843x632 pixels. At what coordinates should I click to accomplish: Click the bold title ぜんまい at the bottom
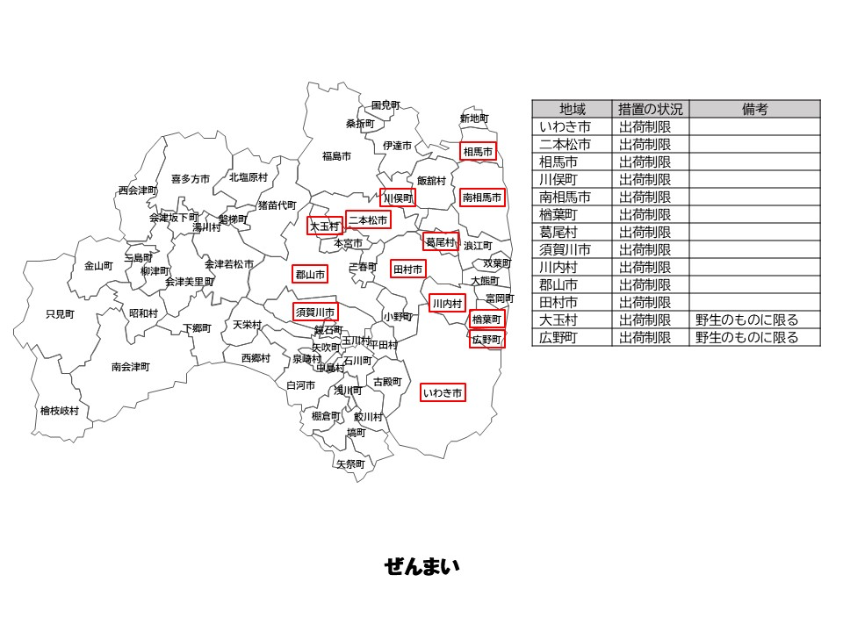[421, 567]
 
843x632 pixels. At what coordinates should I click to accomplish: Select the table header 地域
[572, 109]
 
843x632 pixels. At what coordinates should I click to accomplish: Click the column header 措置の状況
[650, 109]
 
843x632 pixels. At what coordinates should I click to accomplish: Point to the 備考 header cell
[754, 109]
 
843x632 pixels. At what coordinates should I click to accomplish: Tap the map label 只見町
[61, 314]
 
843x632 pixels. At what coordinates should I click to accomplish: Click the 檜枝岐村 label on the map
[59, 411]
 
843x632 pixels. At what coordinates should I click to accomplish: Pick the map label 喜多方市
[191, 179]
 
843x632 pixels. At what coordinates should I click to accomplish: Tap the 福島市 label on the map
[336, 156]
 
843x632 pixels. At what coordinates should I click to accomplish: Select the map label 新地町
[474, 118]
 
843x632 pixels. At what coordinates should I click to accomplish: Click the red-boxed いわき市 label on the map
[443, 393]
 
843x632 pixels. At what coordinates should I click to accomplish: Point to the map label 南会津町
[131, 367]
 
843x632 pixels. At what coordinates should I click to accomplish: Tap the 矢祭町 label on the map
[349, 464]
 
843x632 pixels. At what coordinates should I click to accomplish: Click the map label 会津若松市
[229, 264]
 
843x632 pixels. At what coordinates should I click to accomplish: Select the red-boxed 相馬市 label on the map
[478, 152]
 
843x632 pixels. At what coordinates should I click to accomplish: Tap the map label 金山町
[98, 266]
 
